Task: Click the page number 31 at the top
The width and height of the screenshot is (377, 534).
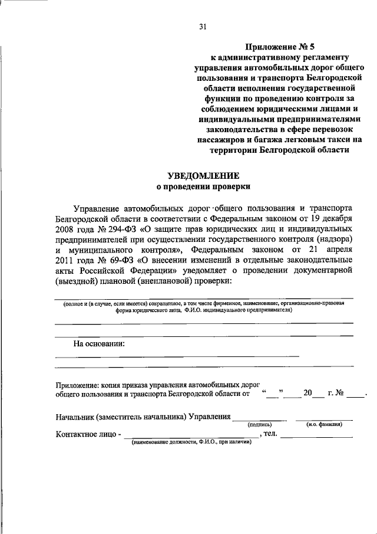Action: pyautogui.click(x=203, y=27)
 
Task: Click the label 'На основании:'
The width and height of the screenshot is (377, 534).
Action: pyautogui.click(x=98, y=344)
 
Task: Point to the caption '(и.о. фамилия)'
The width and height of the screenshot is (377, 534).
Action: pyautogui.click(x=325, y=424)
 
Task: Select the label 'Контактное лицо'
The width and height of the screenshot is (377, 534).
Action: pyautogui.click(x=85, y=435)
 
